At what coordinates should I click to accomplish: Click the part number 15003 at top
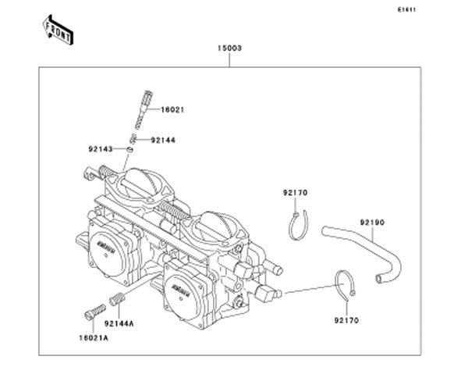[229, 48]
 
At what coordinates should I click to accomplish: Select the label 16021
[172, 111]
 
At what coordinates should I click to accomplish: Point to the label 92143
[99, 147]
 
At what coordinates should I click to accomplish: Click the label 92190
[372, 223]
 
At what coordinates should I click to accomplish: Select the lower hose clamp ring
[346, 285]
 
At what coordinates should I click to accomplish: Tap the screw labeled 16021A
[91, 310]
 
